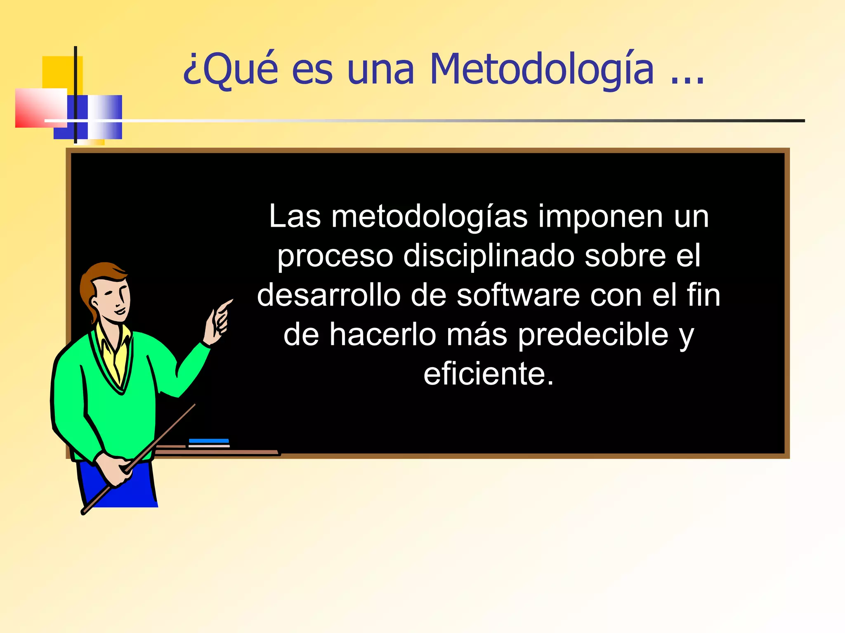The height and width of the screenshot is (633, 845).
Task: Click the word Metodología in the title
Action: [541, 69]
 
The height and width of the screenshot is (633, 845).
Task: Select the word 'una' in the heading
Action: [380, 69]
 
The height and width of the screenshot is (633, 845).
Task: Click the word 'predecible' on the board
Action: [593, 335]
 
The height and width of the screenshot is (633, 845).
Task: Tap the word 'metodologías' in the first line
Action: [429, 217]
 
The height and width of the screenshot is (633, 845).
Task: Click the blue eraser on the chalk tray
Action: [209, 441]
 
